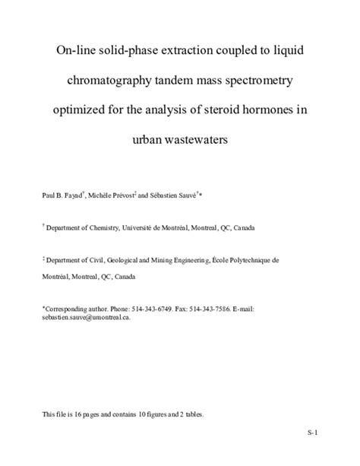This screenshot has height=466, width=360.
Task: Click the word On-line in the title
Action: pyautogui.click(x=79, y=52)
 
